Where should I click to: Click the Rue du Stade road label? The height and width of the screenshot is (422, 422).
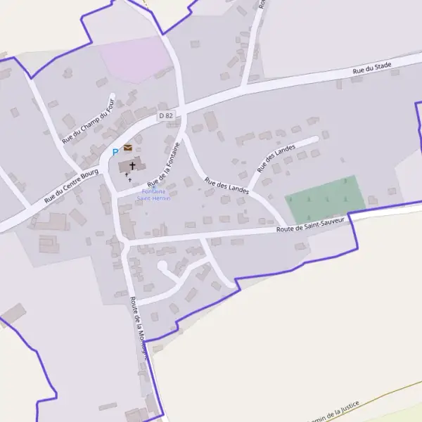(371, 68)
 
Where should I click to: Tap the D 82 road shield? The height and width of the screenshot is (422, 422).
(165, 115)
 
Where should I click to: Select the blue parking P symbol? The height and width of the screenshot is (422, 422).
(115, 152)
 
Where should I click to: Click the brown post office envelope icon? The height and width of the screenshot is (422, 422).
(128, 148)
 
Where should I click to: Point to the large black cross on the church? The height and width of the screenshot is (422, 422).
(132, 165)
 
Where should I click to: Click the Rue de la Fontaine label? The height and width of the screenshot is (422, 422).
(170, 162)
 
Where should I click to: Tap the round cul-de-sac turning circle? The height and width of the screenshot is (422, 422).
(162, 266)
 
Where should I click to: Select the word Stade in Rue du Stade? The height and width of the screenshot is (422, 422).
(382, 67)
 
